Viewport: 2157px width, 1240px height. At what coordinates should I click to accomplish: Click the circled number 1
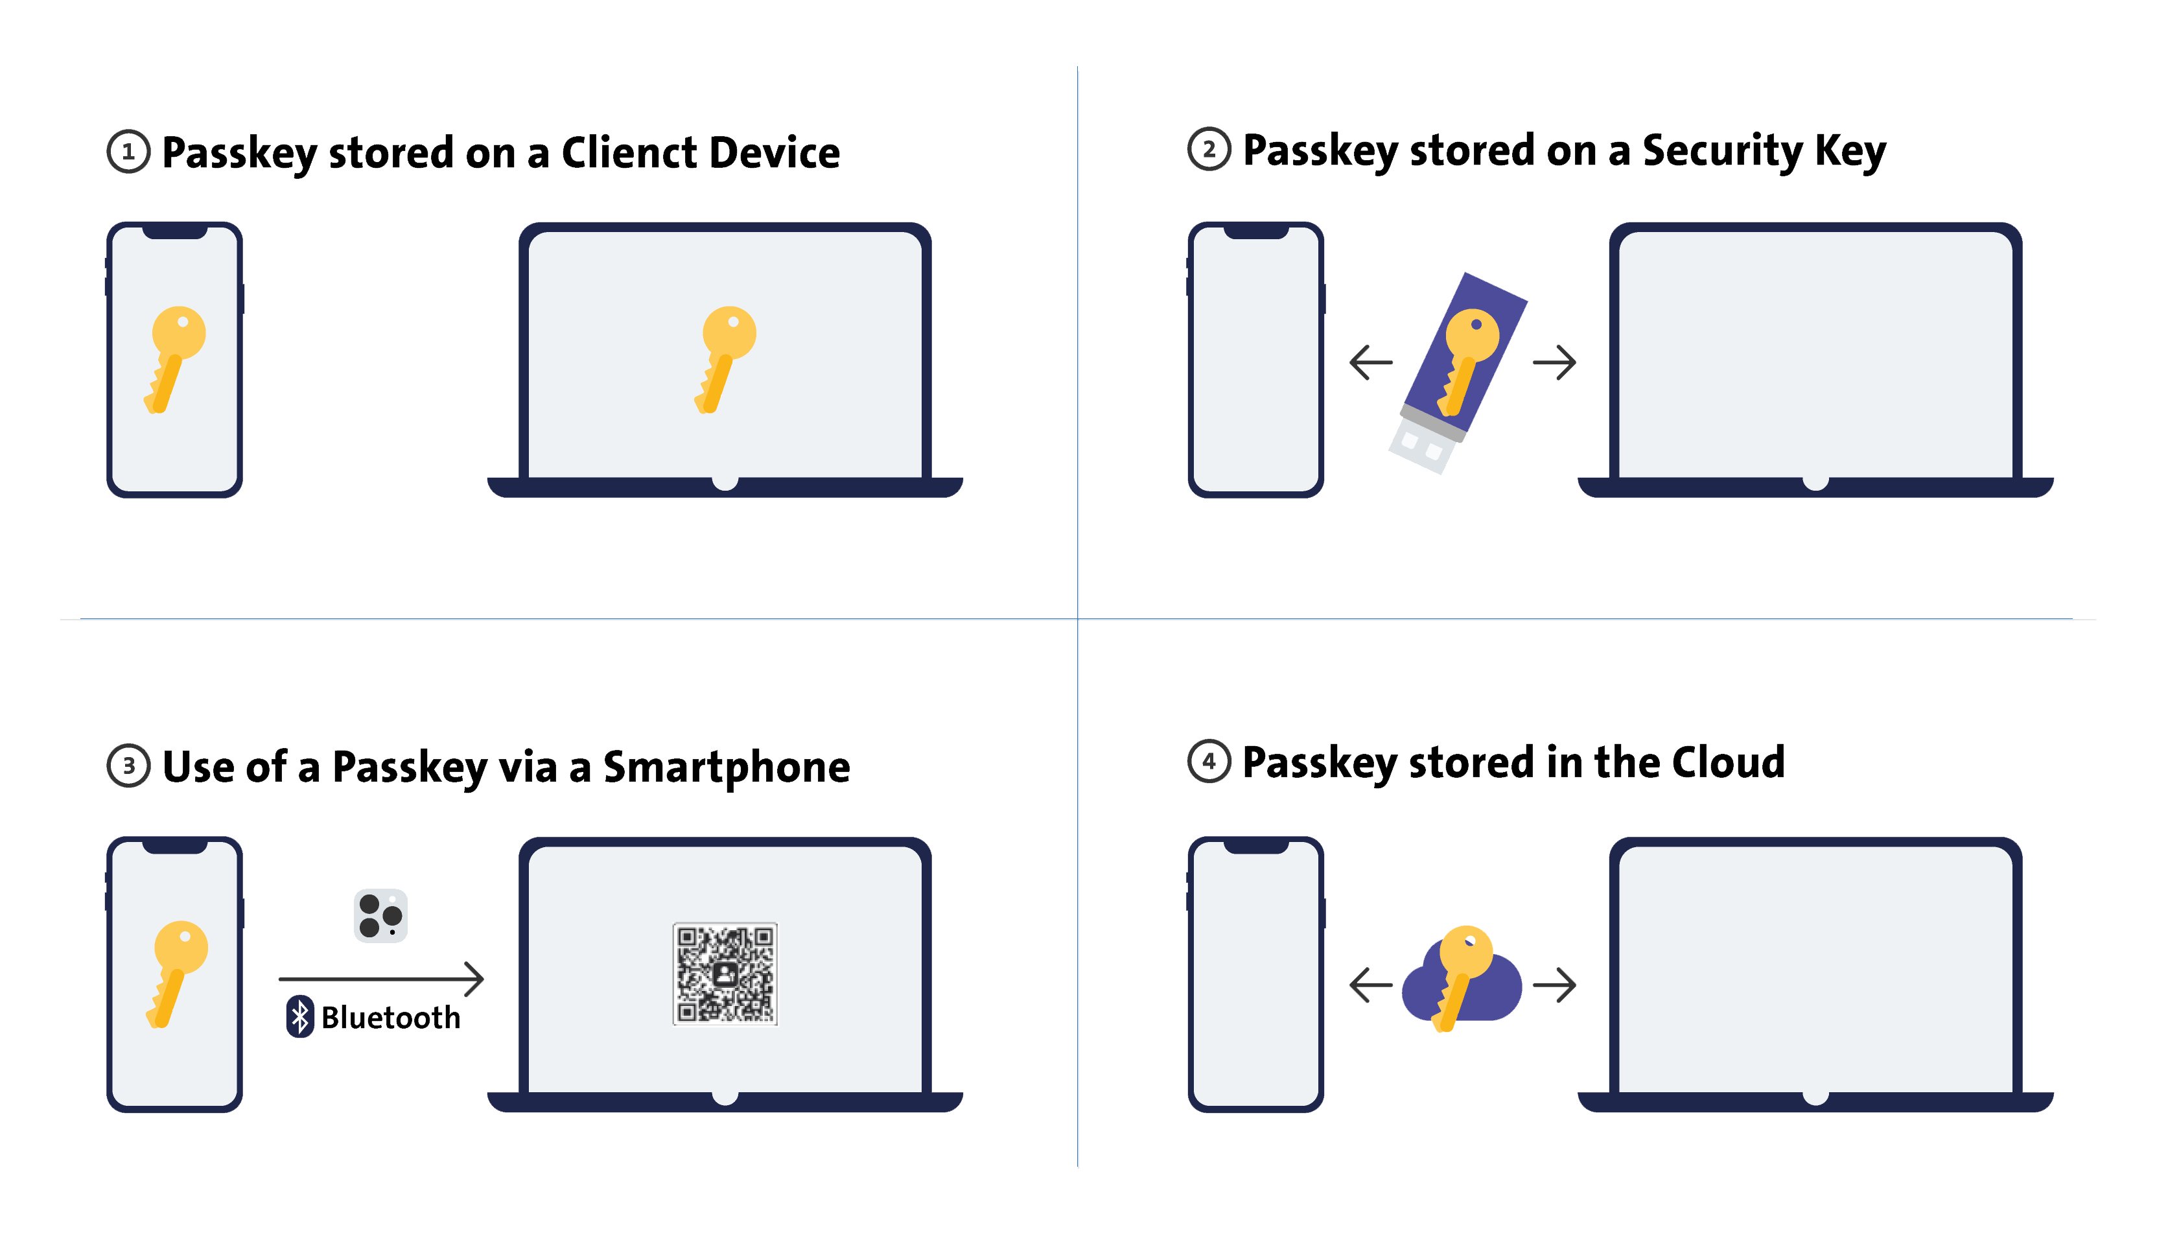[128, 152]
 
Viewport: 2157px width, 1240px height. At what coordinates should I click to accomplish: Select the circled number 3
[128, 765]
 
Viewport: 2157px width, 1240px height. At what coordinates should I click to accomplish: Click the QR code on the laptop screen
[725, 974]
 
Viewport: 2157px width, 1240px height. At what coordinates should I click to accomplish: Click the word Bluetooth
[391, 1017]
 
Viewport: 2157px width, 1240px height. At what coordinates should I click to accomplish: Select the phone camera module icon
[380, 915]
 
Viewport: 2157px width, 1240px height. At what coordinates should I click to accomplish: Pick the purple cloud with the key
[1462, 982]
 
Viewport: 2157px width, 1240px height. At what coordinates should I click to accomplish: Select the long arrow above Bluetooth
[380, 979]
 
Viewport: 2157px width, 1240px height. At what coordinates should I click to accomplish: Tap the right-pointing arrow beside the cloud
[1554, 985]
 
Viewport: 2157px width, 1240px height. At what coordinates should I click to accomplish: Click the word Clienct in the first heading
[629, 153]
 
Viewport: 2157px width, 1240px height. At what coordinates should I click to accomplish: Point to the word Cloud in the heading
[1728, 762]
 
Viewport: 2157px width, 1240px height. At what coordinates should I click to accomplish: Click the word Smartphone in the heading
[727, 767]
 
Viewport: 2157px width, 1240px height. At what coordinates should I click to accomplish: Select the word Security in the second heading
[1722, 151]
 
